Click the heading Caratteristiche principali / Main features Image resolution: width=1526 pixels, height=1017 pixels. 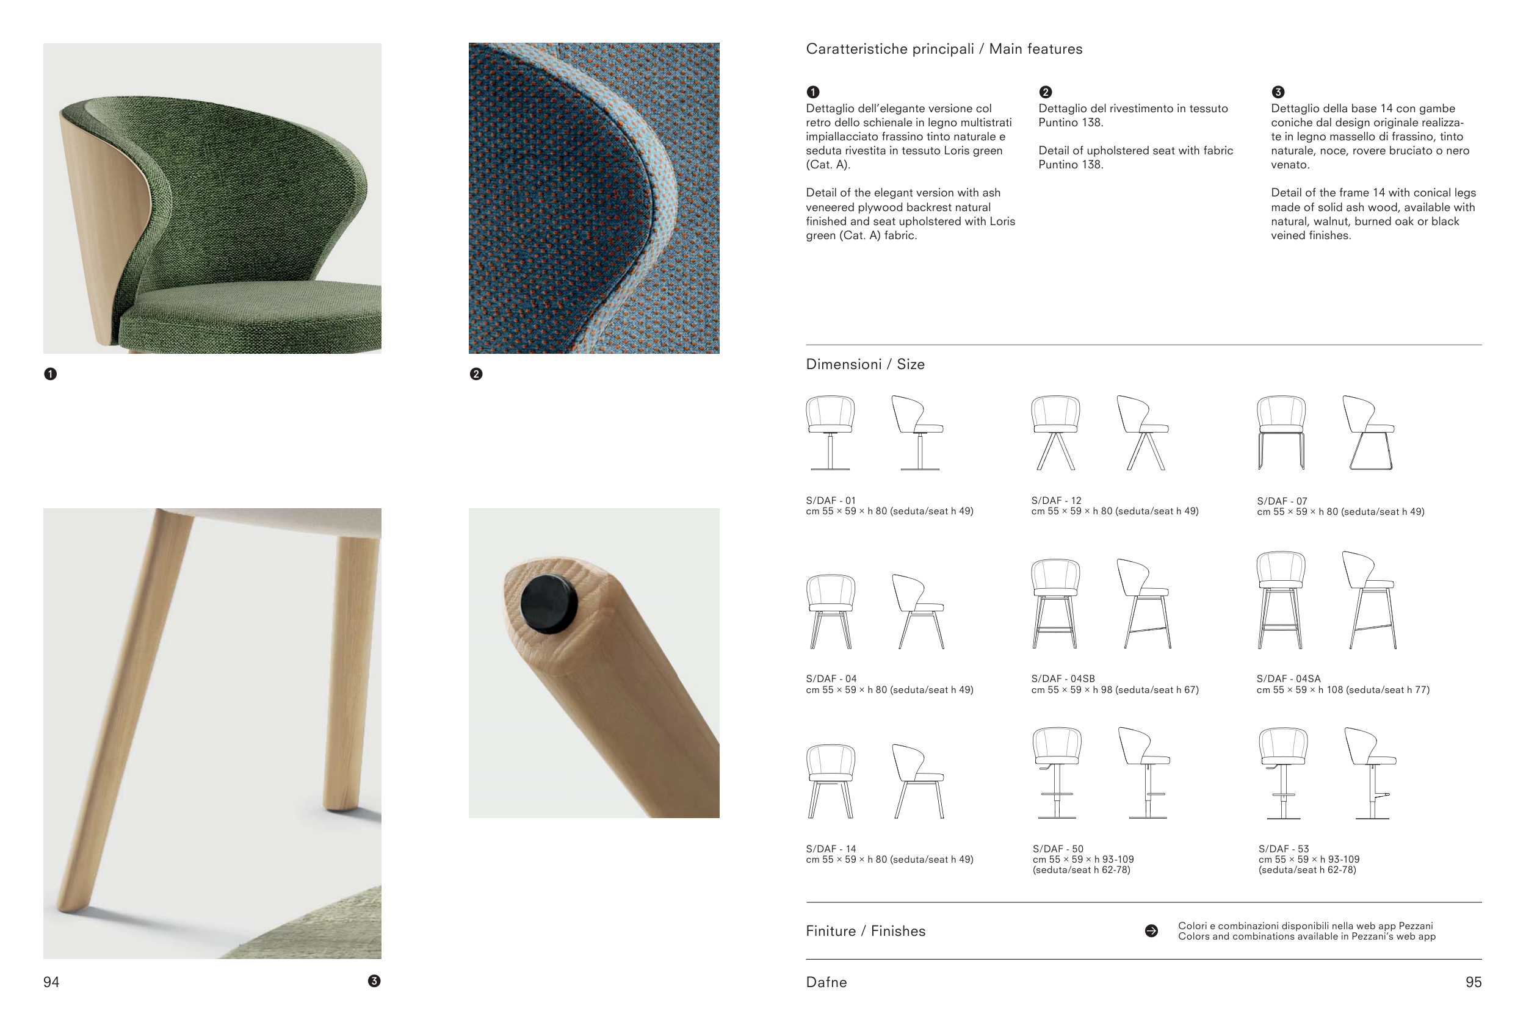944,49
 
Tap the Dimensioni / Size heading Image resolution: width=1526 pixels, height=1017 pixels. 865,364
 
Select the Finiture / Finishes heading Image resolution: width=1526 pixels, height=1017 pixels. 866,932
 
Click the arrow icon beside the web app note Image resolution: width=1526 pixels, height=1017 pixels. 1152,932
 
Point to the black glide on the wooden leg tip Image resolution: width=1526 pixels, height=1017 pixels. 549,603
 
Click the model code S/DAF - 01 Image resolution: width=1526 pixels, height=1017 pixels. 831,501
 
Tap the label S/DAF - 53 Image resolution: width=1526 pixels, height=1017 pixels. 1283,849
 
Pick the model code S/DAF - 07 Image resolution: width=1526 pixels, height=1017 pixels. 1282,501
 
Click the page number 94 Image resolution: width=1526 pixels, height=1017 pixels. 51,983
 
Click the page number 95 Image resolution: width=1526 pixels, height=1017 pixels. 1474,983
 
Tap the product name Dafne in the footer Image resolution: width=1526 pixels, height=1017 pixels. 826,983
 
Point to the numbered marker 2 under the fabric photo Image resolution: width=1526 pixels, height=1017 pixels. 476,374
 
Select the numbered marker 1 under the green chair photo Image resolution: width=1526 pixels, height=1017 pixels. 51,374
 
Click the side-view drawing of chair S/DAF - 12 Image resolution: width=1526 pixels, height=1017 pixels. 1143,433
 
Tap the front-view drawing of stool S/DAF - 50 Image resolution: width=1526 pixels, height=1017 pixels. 1057,773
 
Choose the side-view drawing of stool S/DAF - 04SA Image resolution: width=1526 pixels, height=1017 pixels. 1369,600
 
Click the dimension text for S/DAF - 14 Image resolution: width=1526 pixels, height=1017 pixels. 889,860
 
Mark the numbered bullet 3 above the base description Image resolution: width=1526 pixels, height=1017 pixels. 1278,92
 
